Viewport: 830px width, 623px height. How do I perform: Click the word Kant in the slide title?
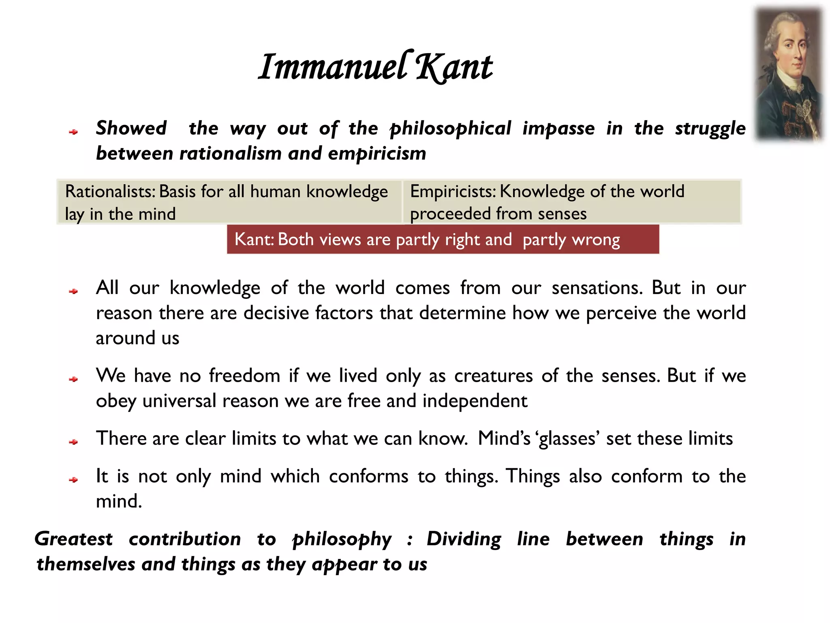click(454, 67)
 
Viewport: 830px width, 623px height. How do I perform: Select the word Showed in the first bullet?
click(131, 128)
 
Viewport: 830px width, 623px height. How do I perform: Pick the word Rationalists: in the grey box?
click(110, 191)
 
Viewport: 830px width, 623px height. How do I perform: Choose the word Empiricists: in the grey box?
click(453, 191)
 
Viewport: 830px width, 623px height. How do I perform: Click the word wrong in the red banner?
click(596, 240)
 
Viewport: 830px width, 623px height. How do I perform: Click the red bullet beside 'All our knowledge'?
click(73, 291)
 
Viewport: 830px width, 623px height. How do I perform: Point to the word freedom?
click(244, 376)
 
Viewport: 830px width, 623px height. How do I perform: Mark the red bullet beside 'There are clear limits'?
click(73, 442)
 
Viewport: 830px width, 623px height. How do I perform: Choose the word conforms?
click(368, 476)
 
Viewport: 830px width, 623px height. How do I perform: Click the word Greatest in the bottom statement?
click(74, 539)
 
